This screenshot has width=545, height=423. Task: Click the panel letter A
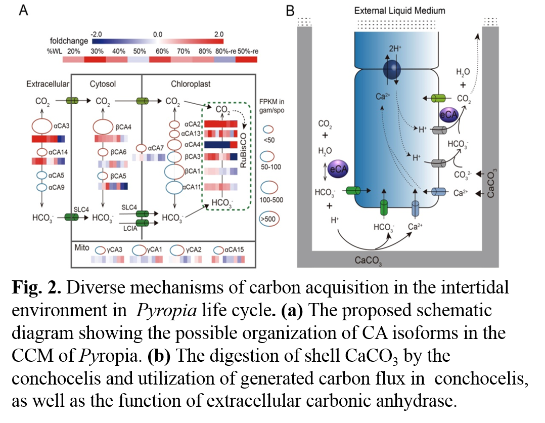tap(24, 10)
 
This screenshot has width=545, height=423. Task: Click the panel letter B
tap(290, 10)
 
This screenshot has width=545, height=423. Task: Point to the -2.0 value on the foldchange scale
tap(97, 34)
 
